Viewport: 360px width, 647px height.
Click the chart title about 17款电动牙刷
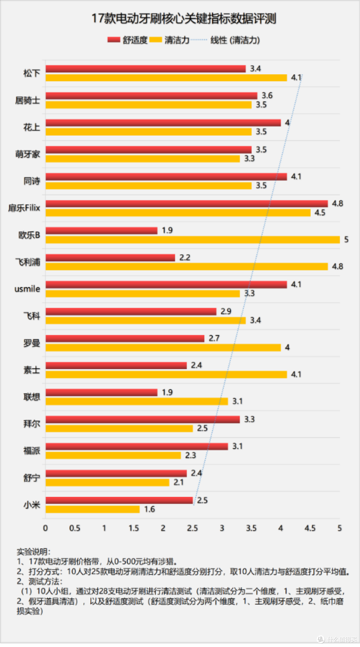(184, 19)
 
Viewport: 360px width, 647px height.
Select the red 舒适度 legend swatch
(114, 40)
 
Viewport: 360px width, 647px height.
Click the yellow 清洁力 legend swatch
(156, 40)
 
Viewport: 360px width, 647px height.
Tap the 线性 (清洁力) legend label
(235, 40)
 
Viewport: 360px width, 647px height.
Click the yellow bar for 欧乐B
(193, 240)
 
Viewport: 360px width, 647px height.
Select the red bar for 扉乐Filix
(187, 204)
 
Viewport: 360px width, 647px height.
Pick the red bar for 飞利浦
(110, 258)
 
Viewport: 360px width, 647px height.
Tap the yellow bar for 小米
(93, 509)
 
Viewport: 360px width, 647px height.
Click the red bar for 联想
(101, 392)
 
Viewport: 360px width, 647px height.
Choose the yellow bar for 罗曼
(163, 348)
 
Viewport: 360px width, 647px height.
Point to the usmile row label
(27, 289)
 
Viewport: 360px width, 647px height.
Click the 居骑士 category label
(28, 100)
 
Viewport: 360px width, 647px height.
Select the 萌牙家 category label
(28, 154)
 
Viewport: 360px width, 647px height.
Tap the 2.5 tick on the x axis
(192, 528)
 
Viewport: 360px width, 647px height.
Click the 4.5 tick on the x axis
(310, 528)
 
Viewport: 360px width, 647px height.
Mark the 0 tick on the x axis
(45, 528)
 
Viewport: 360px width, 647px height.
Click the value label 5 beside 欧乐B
(346, 240)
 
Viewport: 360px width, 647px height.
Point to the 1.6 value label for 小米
(149, 509)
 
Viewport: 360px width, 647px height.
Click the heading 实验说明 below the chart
(33, 552)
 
